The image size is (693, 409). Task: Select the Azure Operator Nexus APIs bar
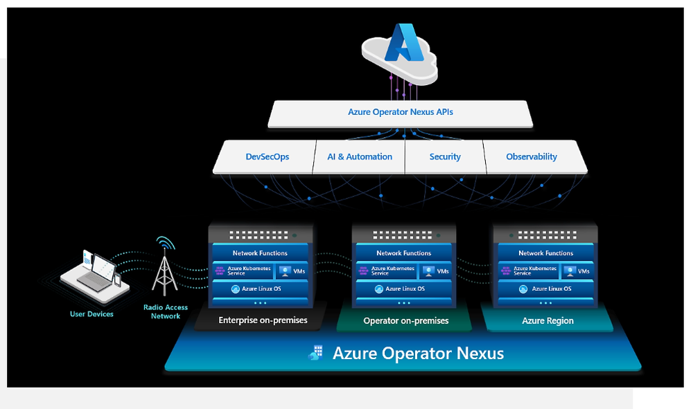pyautogui.click(x=401, y=112)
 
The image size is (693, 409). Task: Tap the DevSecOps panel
pyautogui.click(x=267, y=157)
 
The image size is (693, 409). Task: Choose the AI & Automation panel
pyautogui.click(x=360, y=157)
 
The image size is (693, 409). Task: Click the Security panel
pyautogui.click(x=445, y=157)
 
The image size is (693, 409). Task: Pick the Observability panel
pyautogui.click(x=532, y=157)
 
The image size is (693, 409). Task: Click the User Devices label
pyautogui.click(x=91, y=314)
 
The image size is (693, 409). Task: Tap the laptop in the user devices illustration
pyautogui.click(x=90, y=273)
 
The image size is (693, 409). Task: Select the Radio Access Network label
pyautogui.click(x=166, y=311)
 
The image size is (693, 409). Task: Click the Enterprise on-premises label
pyautogui.click(x=263, y=320)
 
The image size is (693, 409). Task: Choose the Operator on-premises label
pyautogui.click(x=406, y=320)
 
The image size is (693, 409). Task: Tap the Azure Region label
pyautogui.click(x=547, y=320)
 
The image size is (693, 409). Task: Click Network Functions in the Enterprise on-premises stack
pyautogui.click(x=260, y=253)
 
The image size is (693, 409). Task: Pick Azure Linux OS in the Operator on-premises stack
pyautogui.click(x=404, y=289)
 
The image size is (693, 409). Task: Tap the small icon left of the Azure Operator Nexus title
pyautogui.click(x=316, y=354)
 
